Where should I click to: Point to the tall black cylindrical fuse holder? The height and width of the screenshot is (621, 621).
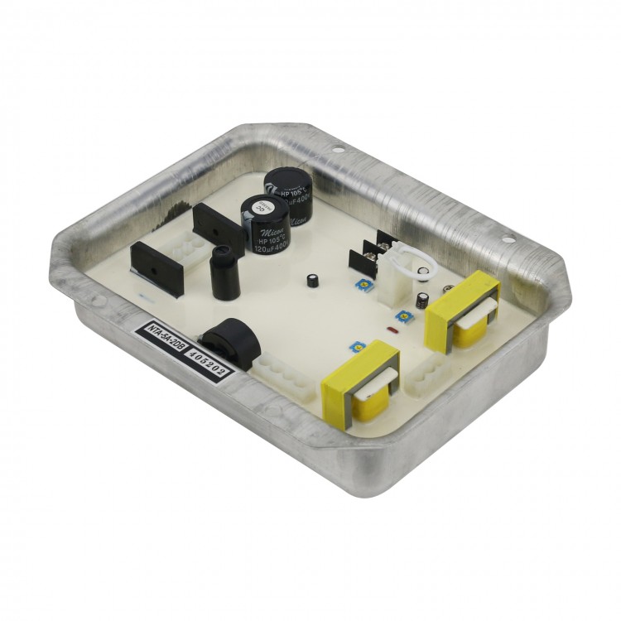point(223,272)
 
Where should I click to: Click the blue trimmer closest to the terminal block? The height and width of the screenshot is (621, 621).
point(363,283)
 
